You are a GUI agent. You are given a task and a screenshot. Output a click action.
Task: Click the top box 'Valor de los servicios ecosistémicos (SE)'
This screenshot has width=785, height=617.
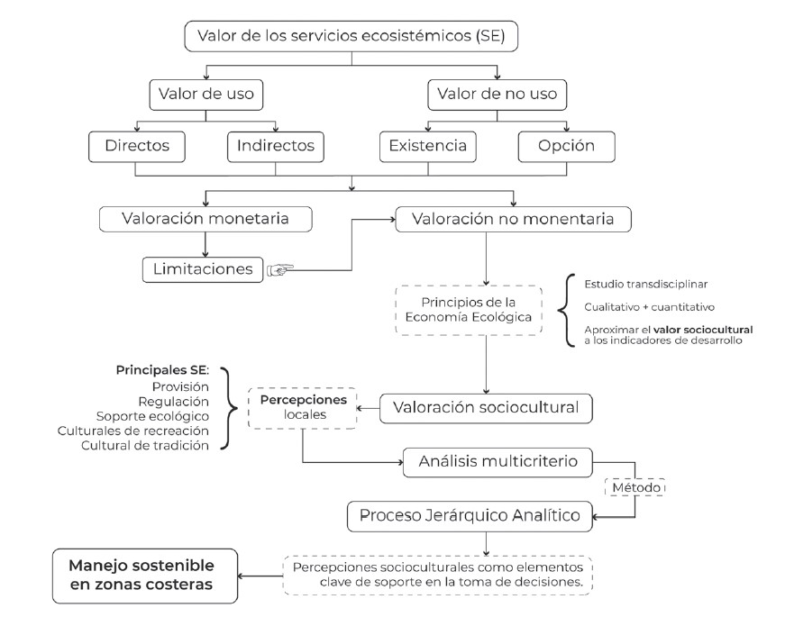pos(351,38)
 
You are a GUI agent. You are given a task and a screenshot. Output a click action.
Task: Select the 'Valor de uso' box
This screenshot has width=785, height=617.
pos(206,93)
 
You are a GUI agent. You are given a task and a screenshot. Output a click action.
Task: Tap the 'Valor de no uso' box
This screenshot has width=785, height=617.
pos(495,93)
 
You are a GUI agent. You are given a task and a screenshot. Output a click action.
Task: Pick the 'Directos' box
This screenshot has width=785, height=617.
pos(136,145)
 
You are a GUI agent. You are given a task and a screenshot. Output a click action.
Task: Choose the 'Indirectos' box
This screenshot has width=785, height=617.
pos(276,145)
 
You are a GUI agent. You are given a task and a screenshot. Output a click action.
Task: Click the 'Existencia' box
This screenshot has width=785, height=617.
pos(428,145)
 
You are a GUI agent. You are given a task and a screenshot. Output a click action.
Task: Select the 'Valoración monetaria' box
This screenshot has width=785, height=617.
pos(206,219)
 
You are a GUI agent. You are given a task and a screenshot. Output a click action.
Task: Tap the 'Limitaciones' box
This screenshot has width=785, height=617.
pos(203,268)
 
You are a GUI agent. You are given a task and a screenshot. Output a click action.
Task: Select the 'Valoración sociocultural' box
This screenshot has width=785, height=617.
pos(487,407)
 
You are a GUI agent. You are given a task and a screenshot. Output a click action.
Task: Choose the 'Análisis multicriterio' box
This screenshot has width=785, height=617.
pos(497,463)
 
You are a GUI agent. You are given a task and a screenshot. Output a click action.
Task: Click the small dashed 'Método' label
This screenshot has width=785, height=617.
pos(637,487)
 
